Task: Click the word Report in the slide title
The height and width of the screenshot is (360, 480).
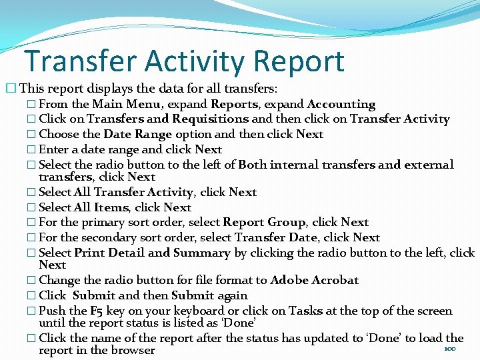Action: tap(298, 61)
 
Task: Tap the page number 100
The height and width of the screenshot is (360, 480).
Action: tap(450, 349)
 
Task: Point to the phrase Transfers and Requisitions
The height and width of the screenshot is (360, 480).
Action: tap(168, 119)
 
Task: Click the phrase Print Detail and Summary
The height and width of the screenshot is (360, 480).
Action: tap(152, 253)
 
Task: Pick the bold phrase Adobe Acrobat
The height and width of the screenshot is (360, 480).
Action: tap(314, 280)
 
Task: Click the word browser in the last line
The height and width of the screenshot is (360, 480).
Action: tap(133, 350)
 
